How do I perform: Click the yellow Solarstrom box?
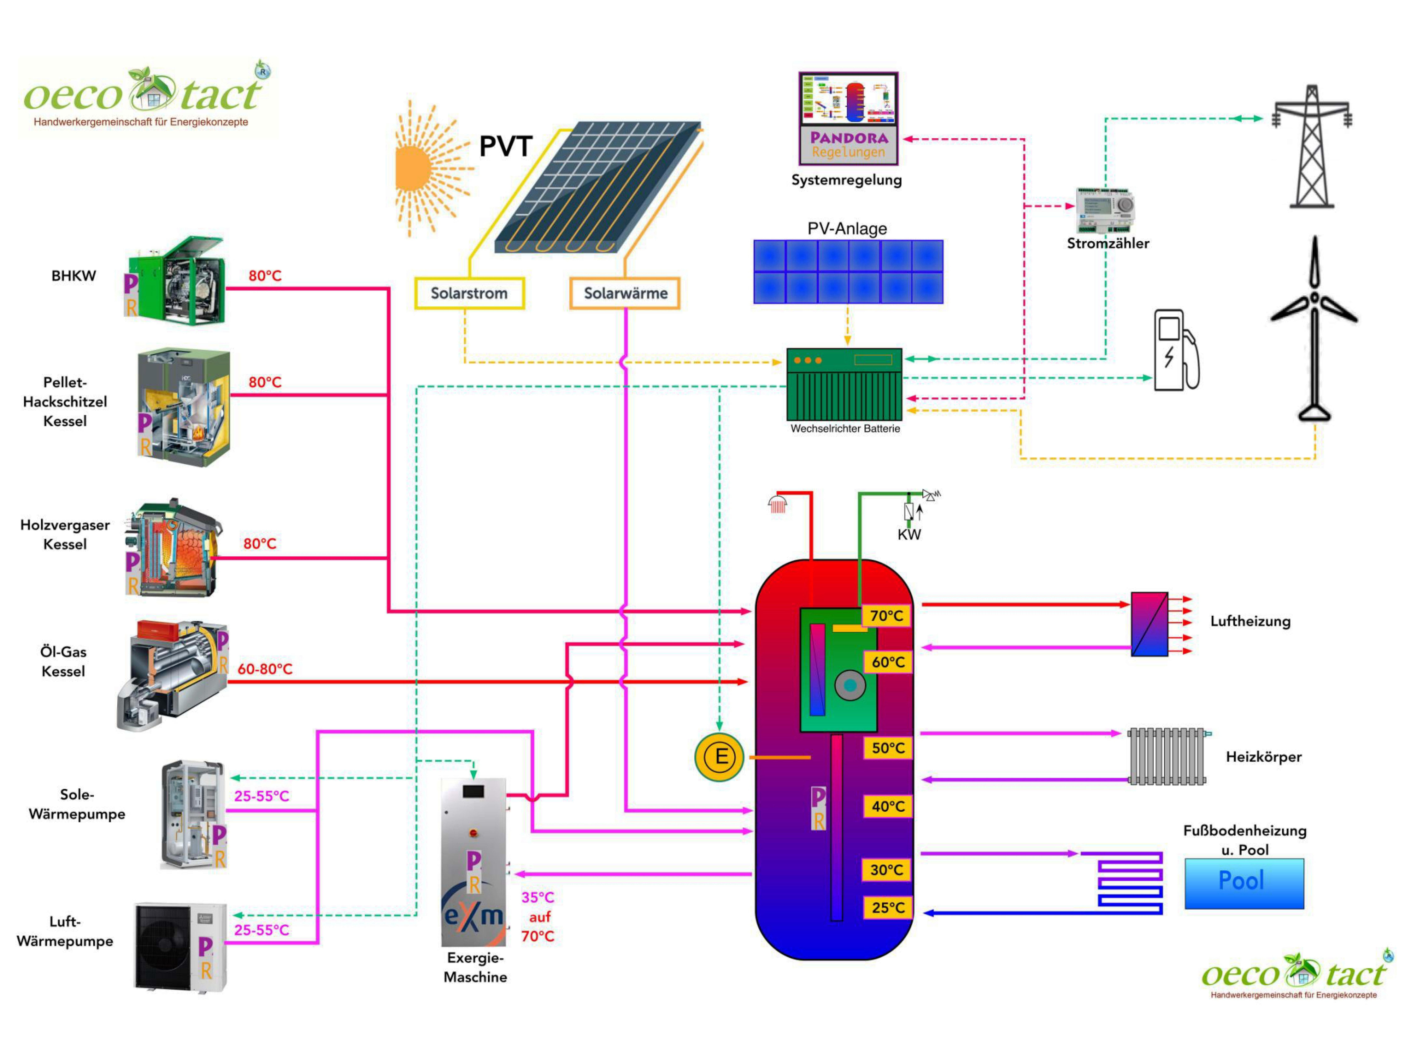pyautogui.click(x=470, y=293)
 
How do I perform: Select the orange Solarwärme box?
pyautogui.click(x=625, y=293)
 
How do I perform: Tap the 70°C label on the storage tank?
pyautogui.click(x=887, y=615)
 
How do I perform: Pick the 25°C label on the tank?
pyautogui.click(x=888, y=908)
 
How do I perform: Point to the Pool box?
pyautogui.click(x=1244, y=883)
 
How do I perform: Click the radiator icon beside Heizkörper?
pyautogui.click(x=1167, y=756)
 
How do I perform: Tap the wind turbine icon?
pyautogui.click(x=1314, y=328)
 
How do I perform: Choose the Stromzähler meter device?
pyautogui.click(x=1105, y=211)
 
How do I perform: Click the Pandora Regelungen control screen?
pyautogui.click(x=848, y=119)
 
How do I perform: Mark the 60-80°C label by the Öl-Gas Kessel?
pyautogui.click(x=265, y=669)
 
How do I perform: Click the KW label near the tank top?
pyautogui.click(x=909, y=534)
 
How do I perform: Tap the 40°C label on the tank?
pyautogui.click(x=888, y=806)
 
